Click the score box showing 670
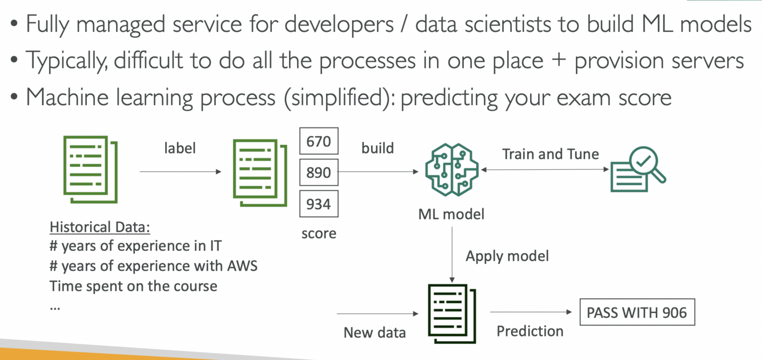tap(319, 141)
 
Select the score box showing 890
tap(319, 172)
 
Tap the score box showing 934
tap(319, 203)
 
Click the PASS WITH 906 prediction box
tap(637, 313)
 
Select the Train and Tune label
tap(550, 154)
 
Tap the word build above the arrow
tap(378, 148)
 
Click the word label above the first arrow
tap(179, 148)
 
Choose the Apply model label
tap(507, 255)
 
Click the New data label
tap(375, 333)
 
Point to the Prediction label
tap(530, 331)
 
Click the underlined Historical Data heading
tap(100, 227)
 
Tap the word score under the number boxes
tap(319, 233)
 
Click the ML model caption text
tap(451, 214)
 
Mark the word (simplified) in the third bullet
tap(336, 98)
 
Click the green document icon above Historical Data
tap(90, 169)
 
